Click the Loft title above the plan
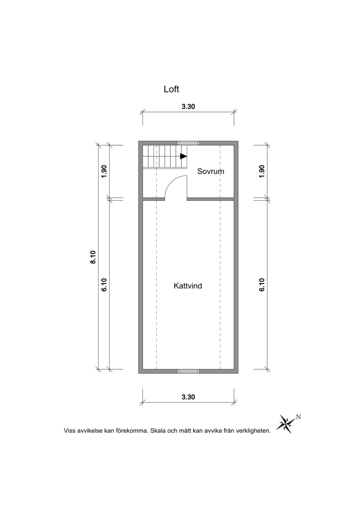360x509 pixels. click(171, 89)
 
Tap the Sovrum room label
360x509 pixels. click(211, 171)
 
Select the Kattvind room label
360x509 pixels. click(188, 286)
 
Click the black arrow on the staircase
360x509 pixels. click(184, 156)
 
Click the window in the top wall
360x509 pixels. click(188, 143)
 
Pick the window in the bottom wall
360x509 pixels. click(188, 371)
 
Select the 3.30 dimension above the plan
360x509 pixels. click(188, 107)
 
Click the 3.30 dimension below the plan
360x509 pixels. click(188, 397)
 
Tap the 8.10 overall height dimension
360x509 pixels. click(93, 257)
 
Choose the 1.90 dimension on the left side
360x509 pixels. click(104, 171)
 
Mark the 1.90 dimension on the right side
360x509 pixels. click(262, 171)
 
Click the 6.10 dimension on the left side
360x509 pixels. click(104, 285)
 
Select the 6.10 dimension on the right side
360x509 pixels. click(262, 285)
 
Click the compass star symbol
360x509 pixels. click(285, 423)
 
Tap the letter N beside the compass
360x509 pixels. click(298, 417)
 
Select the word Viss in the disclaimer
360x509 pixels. click(69, 431)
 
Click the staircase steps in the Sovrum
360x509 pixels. click(165, 157)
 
